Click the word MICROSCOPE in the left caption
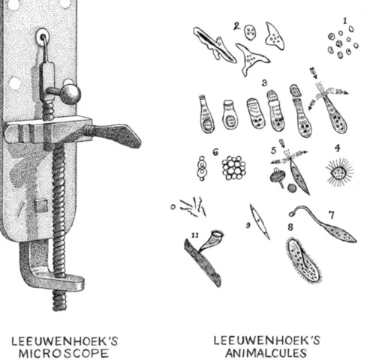coord(64,353)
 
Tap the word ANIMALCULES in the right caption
coord(266,352)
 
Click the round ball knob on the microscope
coord(71,94)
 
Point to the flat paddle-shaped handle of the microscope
coord(115,135)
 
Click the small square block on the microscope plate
coord(41,205)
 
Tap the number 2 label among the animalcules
coord(237,26)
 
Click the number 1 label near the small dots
coord(345,21)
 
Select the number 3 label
coord(265,82)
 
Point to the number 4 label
coord(338,148)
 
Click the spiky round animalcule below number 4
coord(339,172)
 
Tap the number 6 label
coord(215,152)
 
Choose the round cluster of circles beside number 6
coord(234,168)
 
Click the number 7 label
coord(331,214)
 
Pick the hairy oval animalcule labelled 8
coord(303,260)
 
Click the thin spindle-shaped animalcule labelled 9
coord(260,221)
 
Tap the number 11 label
coord(195,235)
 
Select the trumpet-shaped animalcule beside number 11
coord(212,241)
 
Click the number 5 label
coord(274,151)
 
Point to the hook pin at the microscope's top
coord(45,49)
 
